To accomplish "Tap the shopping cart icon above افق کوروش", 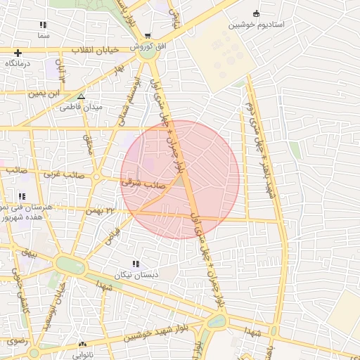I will click(147, 35).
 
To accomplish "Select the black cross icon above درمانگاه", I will click(18, 53).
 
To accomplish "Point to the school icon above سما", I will click(44, 25).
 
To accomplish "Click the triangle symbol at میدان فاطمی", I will click(82, 96).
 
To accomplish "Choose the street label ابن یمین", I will click(45, 92).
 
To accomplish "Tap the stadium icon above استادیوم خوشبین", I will click(256, 14).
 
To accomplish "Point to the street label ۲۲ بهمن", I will click(99, 210).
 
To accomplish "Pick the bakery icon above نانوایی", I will click(83, 345).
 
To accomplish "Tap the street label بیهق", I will click(28, 251).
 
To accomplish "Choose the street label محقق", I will click(88, 145).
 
